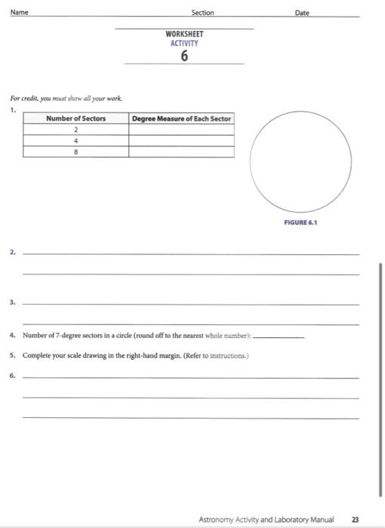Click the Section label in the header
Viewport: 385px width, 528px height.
click(x=202, y=13)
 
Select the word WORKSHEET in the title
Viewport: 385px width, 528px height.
click(x=184, y=34)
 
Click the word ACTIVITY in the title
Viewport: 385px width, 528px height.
click(x=184, y=43)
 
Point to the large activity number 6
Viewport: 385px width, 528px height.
click(x=185, y=57)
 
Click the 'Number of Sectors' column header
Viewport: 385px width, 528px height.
click(x=75, y=118)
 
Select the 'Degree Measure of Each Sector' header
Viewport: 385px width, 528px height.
click(x=181, y=118)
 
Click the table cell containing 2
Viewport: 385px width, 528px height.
click(x=75, y=129)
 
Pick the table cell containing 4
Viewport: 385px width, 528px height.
click(x=75, y=140)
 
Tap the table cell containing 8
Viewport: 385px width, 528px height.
click(x=75, y=151)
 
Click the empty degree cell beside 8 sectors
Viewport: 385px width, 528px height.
click(x=181, y=151)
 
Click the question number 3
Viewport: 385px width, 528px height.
click(x=13, y=302)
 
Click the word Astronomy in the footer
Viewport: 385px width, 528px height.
click(x=217, y=520)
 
